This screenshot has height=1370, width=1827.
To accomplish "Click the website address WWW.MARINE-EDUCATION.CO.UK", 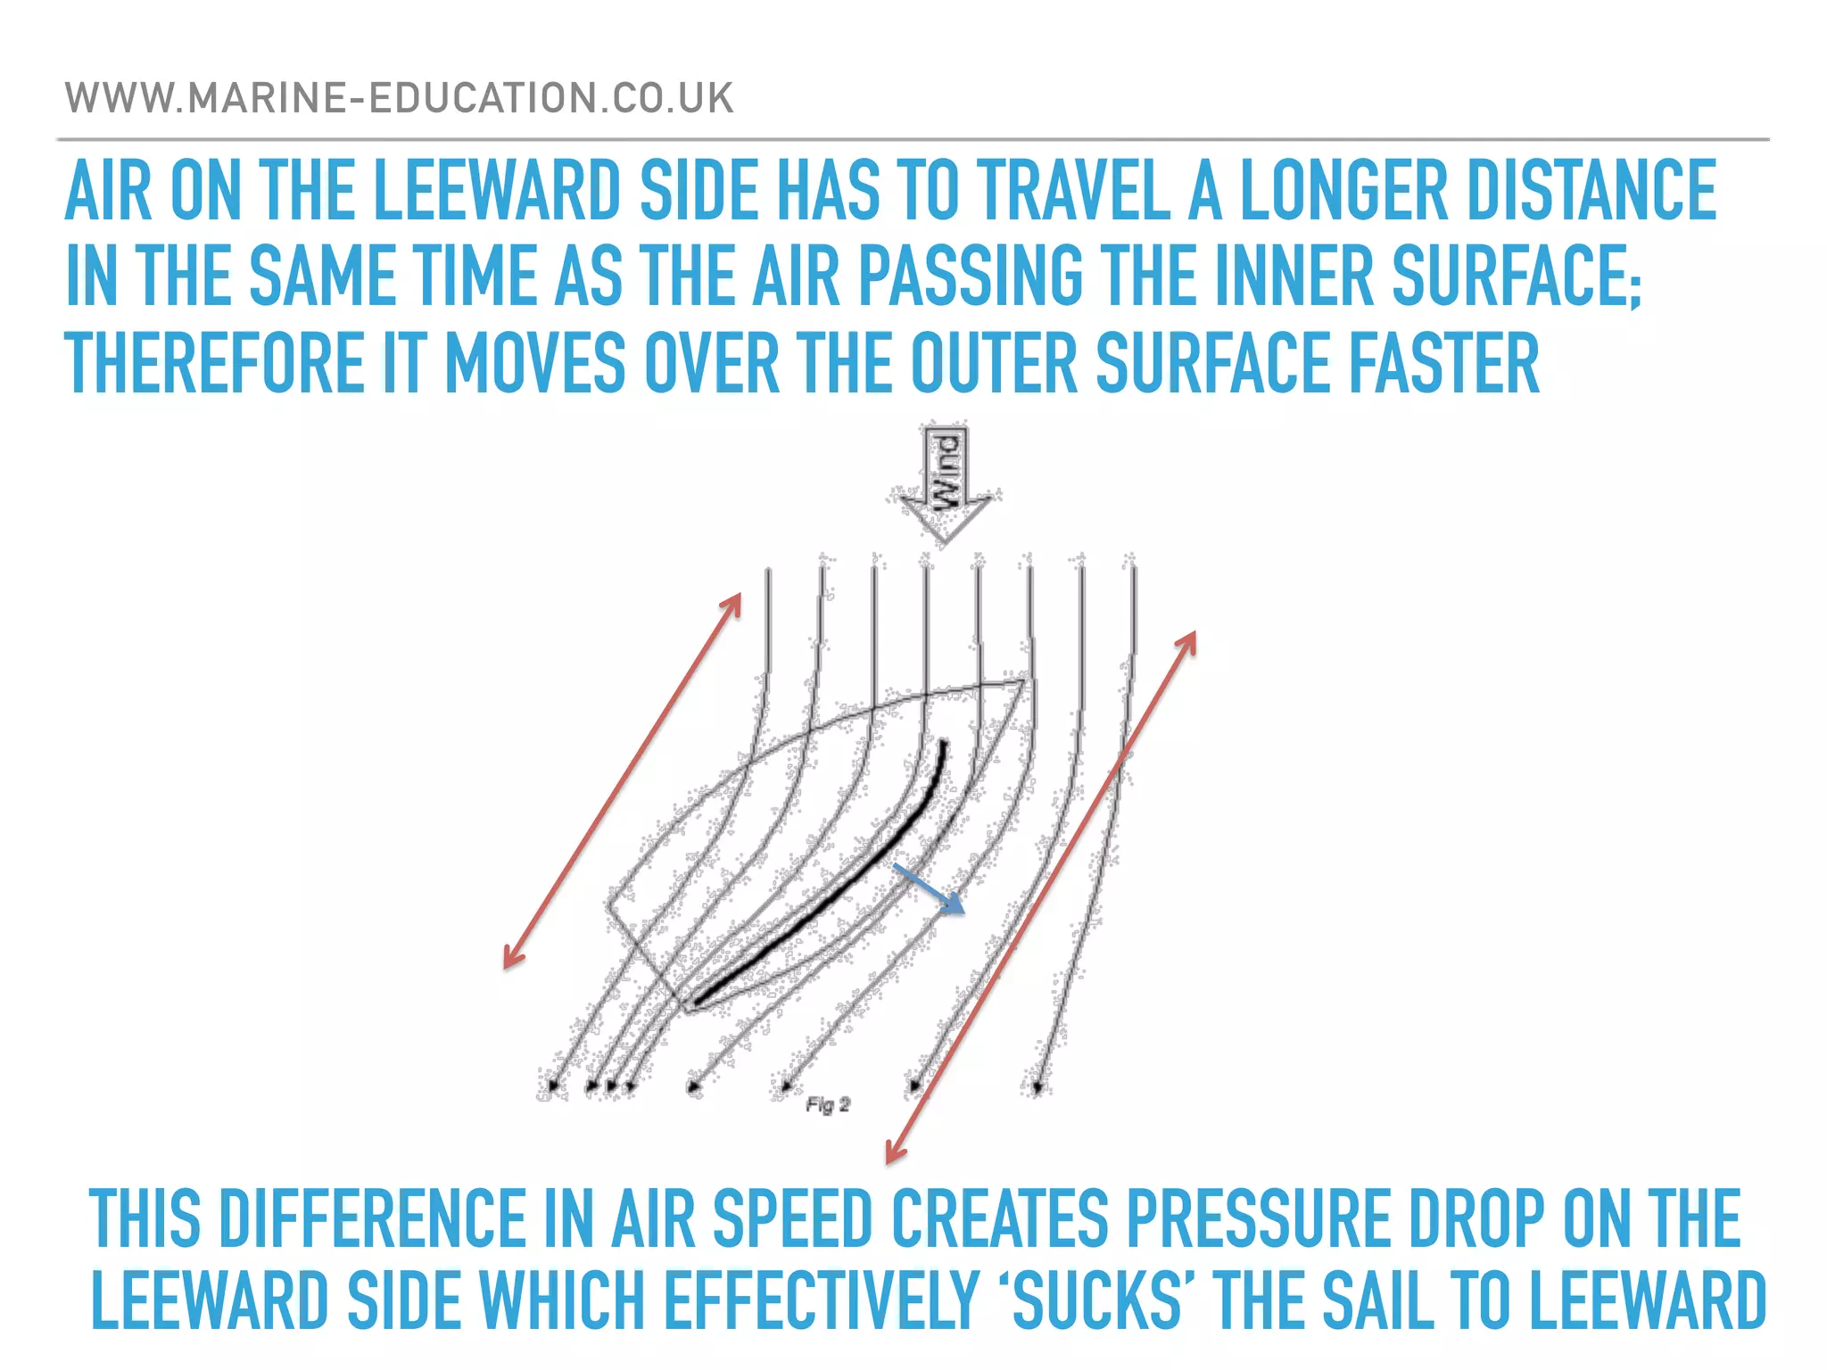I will (x=399, y=98).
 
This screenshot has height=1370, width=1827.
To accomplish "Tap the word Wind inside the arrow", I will (x=946, y=470).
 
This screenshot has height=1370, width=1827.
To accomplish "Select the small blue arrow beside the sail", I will (x=930, y=889).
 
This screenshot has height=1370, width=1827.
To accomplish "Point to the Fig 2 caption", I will (x=828, y=1105).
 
